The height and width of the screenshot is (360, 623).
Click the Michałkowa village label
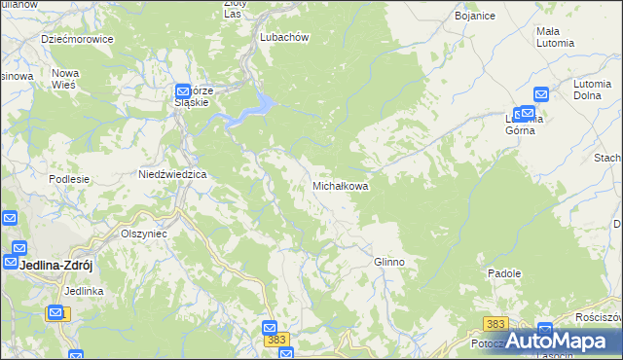(340, 185)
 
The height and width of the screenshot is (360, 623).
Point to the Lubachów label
(284, 37)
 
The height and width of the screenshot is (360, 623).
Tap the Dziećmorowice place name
(77, 39)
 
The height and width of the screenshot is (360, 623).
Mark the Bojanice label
(476, 17)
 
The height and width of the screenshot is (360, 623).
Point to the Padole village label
(505, 274)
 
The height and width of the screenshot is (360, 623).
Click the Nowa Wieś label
(65, 79)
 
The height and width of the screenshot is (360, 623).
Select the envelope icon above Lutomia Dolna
(542, 94)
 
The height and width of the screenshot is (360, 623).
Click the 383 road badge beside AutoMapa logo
(495, 322)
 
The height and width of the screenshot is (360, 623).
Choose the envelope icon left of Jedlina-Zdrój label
(11, 263)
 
